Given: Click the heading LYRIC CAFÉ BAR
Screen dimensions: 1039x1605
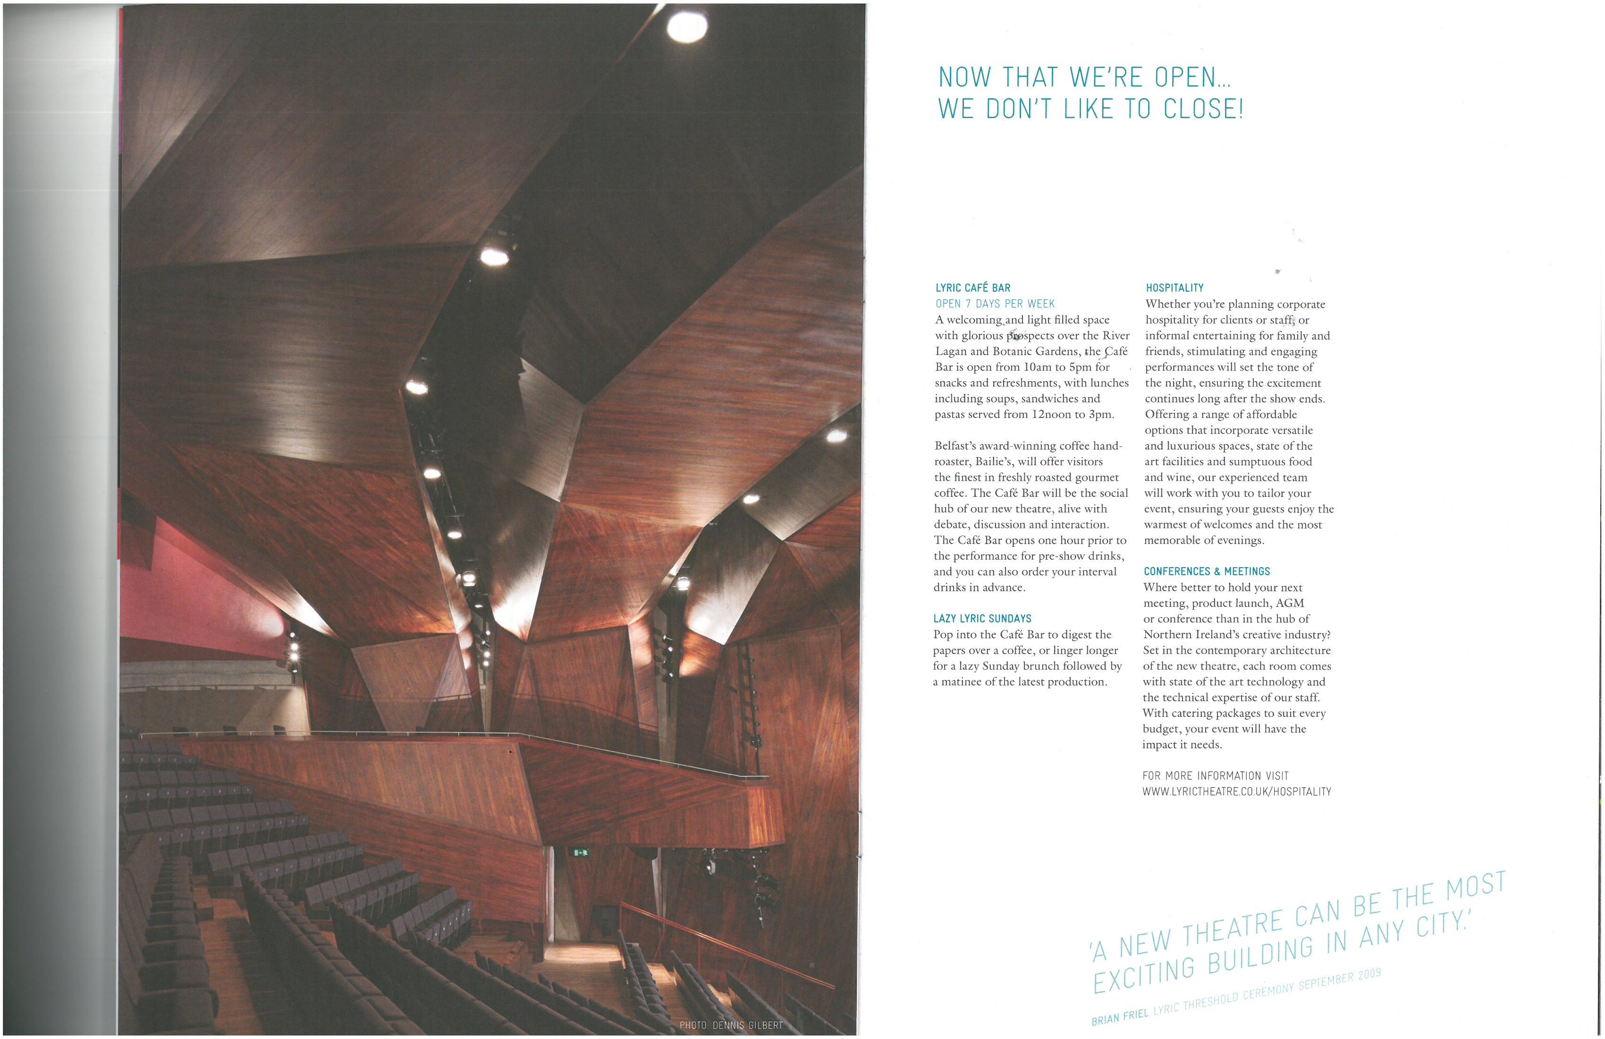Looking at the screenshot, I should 972,288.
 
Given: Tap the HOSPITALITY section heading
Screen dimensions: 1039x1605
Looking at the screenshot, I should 1174,288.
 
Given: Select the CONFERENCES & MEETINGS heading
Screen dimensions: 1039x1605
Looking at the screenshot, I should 1207,571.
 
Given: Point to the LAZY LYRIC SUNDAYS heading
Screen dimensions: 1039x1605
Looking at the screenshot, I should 982,619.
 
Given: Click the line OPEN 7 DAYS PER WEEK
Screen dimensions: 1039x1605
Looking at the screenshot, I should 995,304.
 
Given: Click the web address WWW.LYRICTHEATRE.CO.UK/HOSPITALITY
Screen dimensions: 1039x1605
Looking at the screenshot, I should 1236,792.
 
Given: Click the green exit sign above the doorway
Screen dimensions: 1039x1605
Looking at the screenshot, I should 581,853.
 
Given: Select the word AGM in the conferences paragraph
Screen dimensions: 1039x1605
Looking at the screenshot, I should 1289,603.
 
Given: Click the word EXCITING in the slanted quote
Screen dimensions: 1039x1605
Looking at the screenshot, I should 1144,974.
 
